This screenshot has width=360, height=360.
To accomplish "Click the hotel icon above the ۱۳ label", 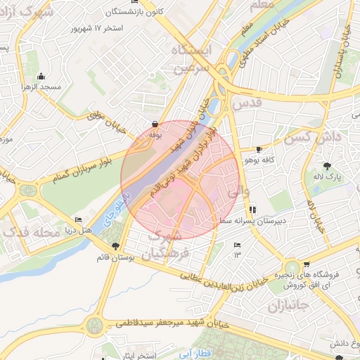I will tap(237, 245).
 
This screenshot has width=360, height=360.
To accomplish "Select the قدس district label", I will tap(250, 103).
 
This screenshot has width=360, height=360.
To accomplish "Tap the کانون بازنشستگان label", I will tap(131, 12).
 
